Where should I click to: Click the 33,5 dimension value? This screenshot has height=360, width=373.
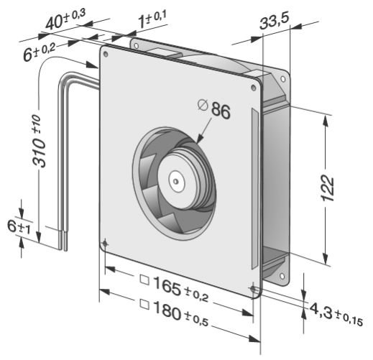tap(275, 21)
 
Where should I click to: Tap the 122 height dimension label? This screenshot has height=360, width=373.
tap(328, 188)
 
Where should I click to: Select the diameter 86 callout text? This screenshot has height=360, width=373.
tap(213, 109)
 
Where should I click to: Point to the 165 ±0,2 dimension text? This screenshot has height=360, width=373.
tap(180, 289)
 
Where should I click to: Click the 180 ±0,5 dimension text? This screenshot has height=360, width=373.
tap(180, 313)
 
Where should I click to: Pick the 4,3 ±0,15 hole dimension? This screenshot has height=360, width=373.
tap(336, 314)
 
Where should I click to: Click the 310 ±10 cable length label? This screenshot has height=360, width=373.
tap(39, 141)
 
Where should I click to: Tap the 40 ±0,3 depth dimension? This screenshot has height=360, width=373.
tap(65, 19)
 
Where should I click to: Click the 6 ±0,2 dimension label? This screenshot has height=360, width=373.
tap(40, 52)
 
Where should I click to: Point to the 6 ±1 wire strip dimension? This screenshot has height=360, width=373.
tap(19, 227)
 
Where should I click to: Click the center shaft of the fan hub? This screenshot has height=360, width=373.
tap(176, 181)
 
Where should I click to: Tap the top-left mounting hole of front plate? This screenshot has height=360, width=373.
tap(106, 54)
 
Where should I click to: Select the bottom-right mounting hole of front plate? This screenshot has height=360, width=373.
tap(253, 289)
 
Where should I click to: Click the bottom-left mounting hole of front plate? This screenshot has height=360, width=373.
tap(106, 244)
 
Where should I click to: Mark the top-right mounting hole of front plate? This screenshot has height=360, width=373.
tap(254, 88)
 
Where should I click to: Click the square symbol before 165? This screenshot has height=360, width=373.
tap(144, 280)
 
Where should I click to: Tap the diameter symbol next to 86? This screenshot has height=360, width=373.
tap(203, 106)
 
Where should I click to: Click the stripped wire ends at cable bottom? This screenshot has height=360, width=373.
tap(63, 240)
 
